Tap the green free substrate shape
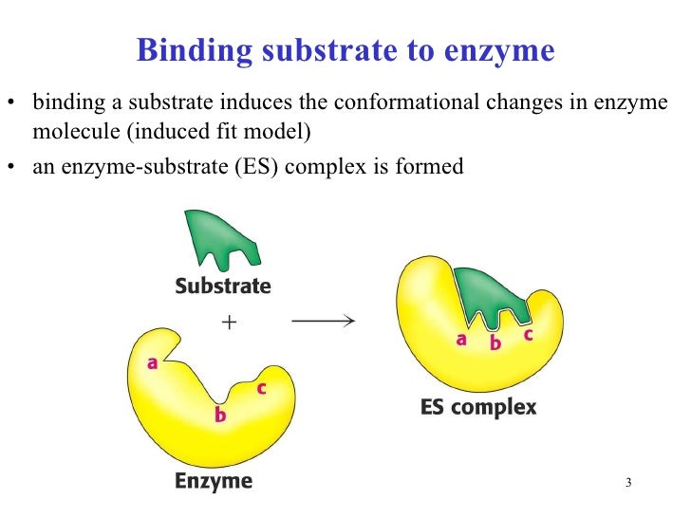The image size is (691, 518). tap(221, 237)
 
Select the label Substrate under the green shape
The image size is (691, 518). tap(222, 286)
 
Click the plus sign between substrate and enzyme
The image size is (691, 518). tap(228, 323)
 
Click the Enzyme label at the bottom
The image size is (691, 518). tap(214, 481)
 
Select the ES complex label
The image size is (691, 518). tap(477, 409)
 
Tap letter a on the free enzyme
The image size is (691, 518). tap(152, 361)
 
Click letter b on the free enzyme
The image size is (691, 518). tap(220, 415)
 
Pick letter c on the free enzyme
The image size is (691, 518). tap(261, 388)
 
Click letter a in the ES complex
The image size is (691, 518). tap(461, 339)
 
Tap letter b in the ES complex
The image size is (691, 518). tap(495, 344)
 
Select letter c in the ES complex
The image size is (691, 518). tap(528, 335)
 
